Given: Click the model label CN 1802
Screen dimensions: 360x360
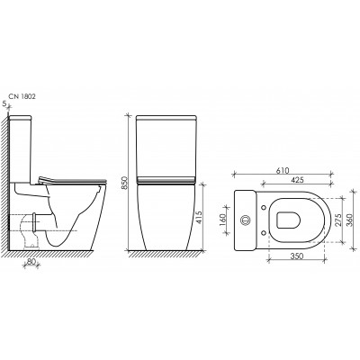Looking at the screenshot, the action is tap(22, 96).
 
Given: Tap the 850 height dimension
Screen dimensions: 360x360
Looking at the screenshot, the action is tap(125, 183).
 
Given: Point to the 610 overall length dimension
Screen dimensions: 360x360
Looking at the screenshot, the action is tap(283, 171).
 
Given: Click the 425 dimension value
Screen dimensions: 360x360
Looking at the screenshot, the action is tap(297, 180).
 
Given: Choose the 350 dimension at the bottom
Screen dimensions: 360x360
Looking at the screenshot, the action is tap(297, 256).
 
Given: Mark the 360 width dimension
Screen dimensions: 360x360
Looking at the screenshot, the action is tap(349, 220).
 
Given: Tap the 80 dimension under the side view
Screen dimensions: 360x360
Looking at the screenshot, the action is tap(31, 261).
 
